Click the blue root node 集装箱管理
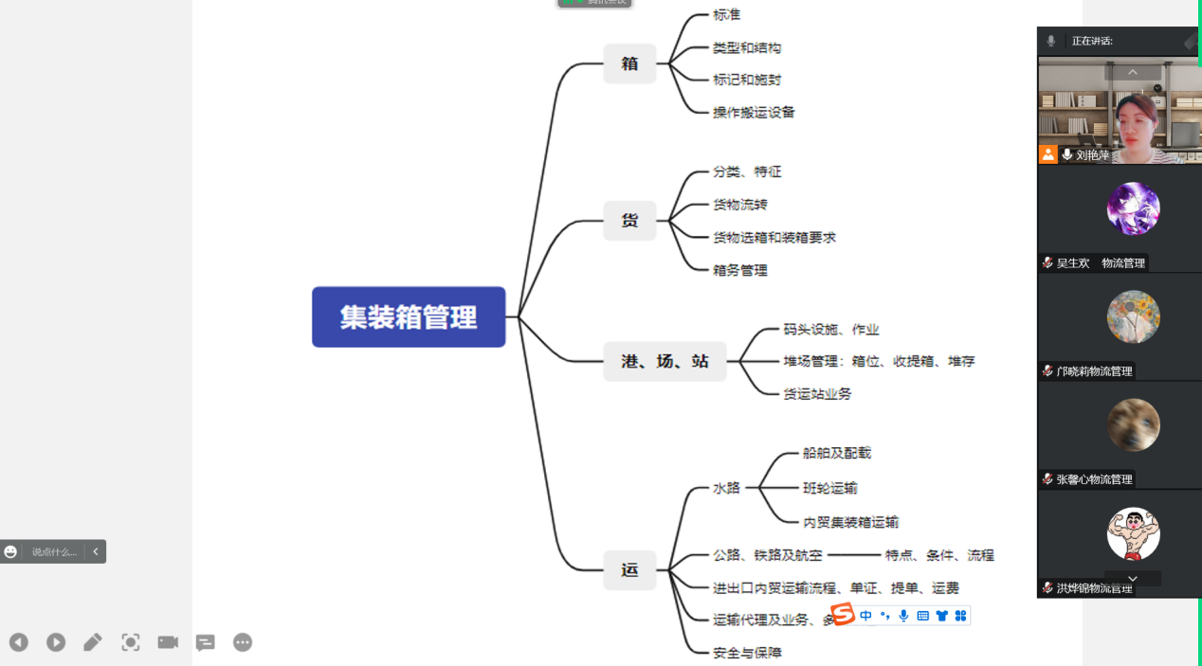click(x=409, y=317)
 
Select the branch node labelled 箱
click(x=629, y=63)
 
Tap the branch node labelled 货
click(x=629, y=221)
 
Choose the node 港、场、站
click(x=665, y=361)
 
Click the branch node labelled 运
click(x=629, y=569)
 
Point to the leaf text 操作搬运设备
click(x=754, y=112)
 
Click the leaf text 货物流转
click(x=740, y=205)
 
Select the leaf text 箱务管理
click(x=740, y=270)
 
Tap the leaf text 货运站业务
click(x=817, y=393)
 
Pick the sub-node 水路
click(x=726, y=488)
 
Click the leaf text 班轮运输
click(x=830, y=488)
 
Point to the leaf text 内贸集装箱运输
click(x=850, y=522)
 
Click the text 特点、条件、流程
click(x=939, y=555)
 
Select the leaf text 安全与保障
click(x=747, y=653)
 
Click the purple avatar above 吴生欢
click(x=1133, y=208)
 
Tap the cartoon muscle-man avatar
click(x=1133, y=533)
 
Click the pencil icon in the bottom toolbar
click(x=93, y=642)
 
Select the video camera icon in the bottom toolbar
click(x=168, y=642)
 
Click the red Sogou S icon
click(x=842, y=615)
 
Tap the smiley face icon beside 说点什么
click(x=10, y=551)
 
